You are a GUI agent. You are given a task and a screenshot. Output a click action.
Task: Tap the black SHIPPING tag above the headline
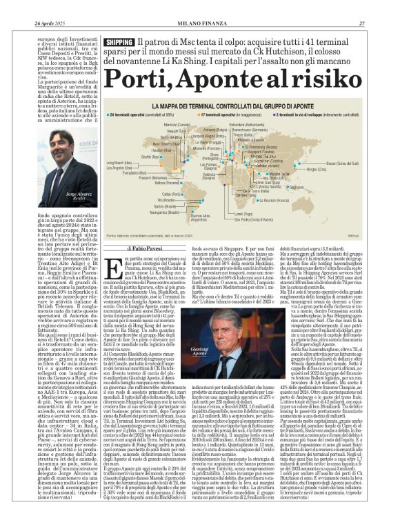pos(119,43)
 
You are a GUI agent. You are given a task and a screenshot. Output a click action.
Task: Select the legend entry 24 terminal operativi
pos(139,114)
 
